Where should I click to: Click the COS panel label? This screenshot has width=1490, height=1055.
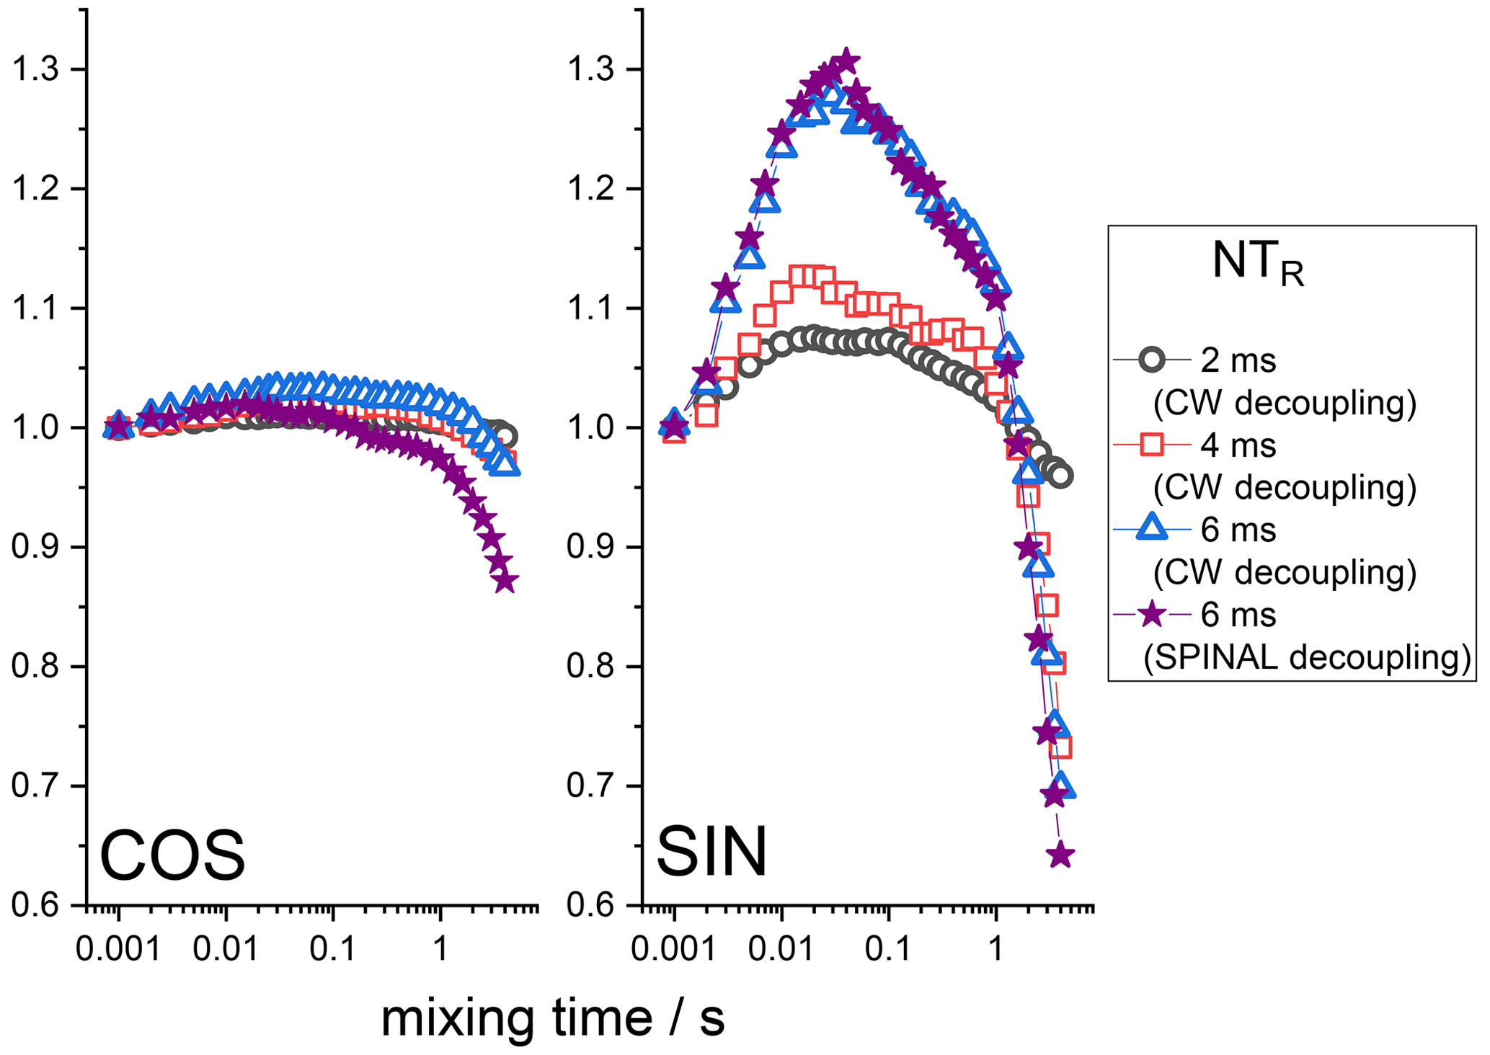172,855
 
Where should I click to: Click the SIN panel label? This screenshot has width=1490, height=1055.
711,853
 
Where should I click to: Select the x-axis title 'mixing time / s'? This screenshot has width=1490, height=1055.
552,1018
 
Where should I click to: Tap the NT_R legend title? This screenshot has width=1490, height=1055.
1258,263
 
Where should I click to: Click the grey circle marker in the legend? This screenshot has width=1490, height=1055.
1152,360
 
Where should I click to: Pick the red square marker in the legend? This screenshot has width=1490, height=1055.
1152,445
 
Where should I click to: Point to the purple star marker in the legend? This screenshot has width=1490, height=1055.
1152,614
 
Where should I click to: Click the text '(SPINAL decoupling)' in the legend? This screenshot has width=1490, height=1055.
1307,657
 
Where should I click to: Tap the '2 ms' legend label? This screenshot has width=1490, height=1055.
1238,360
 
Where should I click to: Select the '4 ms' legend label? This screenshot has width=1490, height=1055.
1238,446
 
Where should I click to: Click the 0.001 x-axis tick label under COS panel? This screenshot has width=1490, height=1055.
119,950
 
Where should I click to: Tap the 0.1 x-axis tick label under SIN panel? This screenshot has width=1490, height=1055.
887,950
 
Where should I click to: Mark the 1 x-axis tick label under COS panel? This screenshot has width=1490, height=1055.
440,950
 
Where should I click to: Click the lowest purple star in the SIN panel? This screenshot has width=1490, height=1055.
1060,855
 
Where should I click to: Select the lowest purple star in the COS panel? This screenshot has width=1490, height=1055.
505,581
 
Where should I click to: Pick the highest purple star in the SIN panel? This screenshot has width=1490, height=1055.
847,61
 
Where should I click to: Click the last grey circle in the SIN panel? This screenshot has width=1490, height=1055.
1061,476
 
